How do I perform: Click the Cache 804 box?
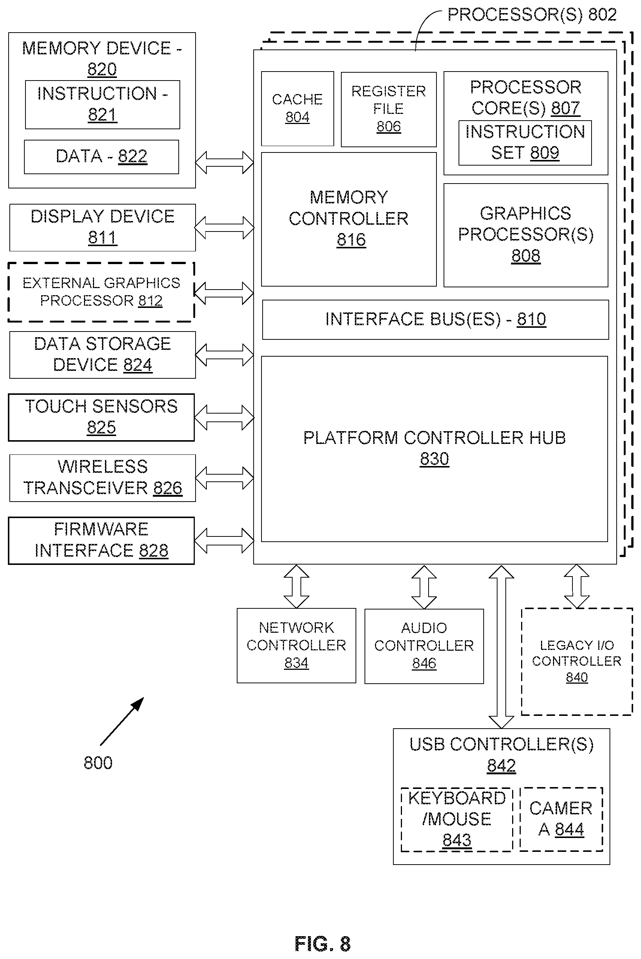click(297, 109)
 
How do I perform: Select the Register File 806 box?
click(388, 109)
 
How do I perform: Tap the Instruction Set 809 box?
click(525, 143)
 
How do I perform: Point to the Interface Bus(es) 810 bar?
click(435, 320)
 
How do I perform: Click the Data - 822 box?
click(102, 157)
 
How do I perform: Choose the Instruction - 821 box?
click(103, 105)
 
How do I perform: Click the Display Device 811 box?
click(103, 228)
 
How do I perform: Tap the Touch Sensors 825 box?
click(102, 417)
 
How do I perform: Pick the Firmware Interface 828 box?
click(102, 541)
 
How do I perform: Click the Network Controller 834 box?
click(296, 645)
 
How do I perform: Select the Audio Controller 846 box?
click(424, 646)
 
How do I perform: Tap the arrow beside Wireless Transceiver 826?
click(224, 478)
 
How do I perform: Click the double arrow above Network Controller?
click(296, 587)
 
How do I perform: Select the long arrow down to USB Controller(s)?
click(501, 647)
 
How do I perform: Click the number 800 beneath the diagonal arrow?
click(98, 763)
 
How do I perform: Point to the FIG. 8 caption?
click(323, 944)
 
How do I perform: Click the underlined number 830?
click(435, 459)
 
